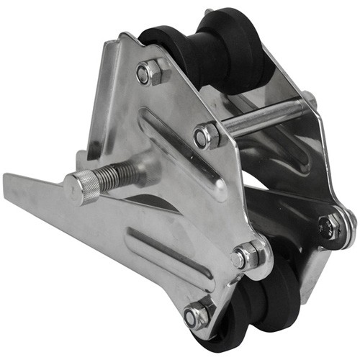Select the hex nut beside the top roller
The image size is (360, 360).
click(149, 72)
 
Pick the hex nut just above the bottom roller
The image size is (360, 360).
click(246, 256)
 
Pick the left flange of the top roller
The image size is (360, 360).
click(162, 43)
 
